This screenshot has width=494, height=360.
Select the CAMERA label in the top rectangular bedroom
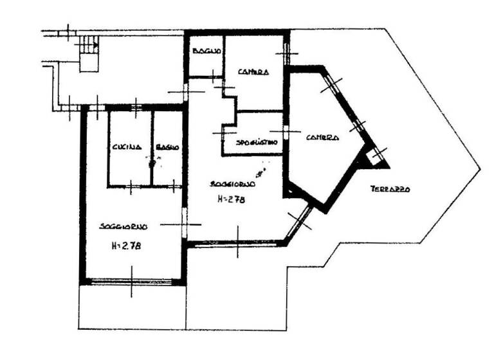pos(253,71)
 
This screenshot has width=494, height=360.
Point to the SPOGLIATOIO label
pos(257,142)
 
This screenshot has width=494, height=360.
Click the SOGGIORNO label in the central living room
pos(233,184)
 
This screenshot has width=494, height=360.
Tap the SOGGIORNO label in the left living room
pos(123,226)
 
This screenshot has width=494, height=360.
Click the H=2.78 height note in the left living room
pos(125,246)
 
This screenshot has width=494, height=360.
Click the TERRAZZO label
pos(390,189)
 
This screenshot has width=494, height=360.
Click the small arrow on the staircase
pos(95,45)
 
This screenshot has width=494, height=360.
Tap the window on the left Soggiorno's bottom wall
pos(133,280)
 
